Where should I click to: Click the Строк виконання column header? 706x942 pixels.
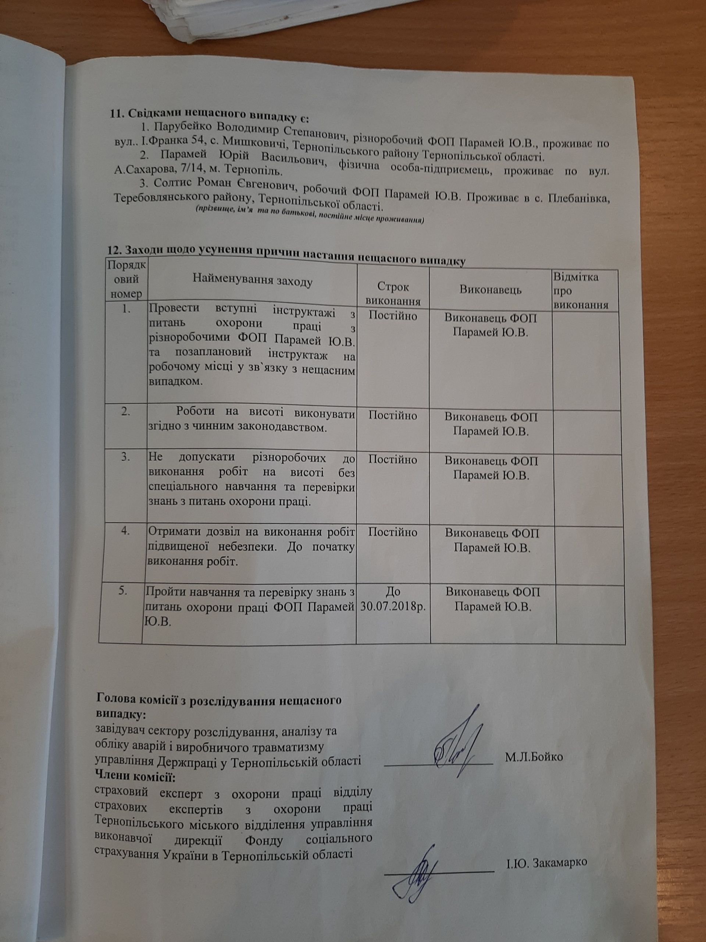pos(393,294)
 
